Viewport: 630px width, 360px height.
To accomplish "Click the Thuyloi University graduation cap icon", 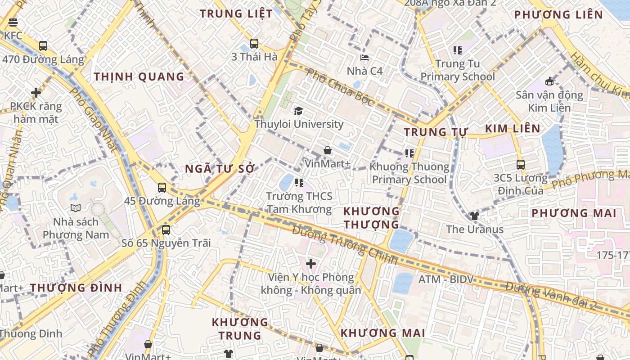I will click(298, 111).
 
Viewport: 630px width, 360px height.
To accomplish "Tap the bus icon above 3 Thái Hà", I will click(254, 44).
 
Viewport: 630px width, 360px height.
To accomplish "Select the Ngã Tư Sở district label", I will click(220, 169).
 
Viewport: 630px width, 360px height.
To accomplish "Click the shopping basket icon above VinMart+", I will click(328, 150).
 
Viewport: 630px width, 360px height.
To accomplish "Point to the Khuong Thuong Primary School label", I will click(409, 173).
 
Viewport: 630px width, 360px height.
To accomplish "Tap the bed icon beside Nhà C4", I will click(364, 58).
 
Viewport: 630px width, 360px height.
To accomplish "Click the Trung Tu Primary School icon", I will click(458, 50).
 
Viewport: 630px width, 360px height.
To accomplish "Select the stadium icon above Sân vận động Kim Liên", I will click(549, 81).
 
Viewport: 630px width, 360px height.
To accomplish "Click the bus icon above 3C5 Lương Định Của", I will click(521, 164).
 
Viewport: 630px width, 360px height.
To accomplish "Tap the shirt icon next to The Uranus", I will click(474, 216).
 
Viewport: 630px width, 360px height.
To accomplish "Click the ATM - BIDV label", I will click(446, 279).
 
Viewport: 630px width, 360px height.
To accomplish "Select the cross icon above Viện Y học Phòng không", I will click(310, 263).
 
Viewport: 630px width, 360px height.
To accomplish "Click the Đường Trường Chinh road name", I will click(345, 245).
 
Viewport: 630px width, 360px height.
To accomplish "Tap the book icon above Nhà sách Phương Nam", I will click(76, 208).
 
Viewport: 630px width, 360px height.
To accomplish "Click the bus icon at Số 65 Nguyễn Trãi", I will click(166, 229).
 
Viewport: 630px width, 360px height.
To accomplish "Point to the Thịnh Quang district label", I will click(139, 76).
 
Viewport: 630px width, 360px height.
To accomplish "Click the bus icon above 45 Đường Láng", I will click(162, 187).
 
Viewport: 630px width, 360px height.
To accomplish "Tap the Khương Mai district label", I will click(382, 333).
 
